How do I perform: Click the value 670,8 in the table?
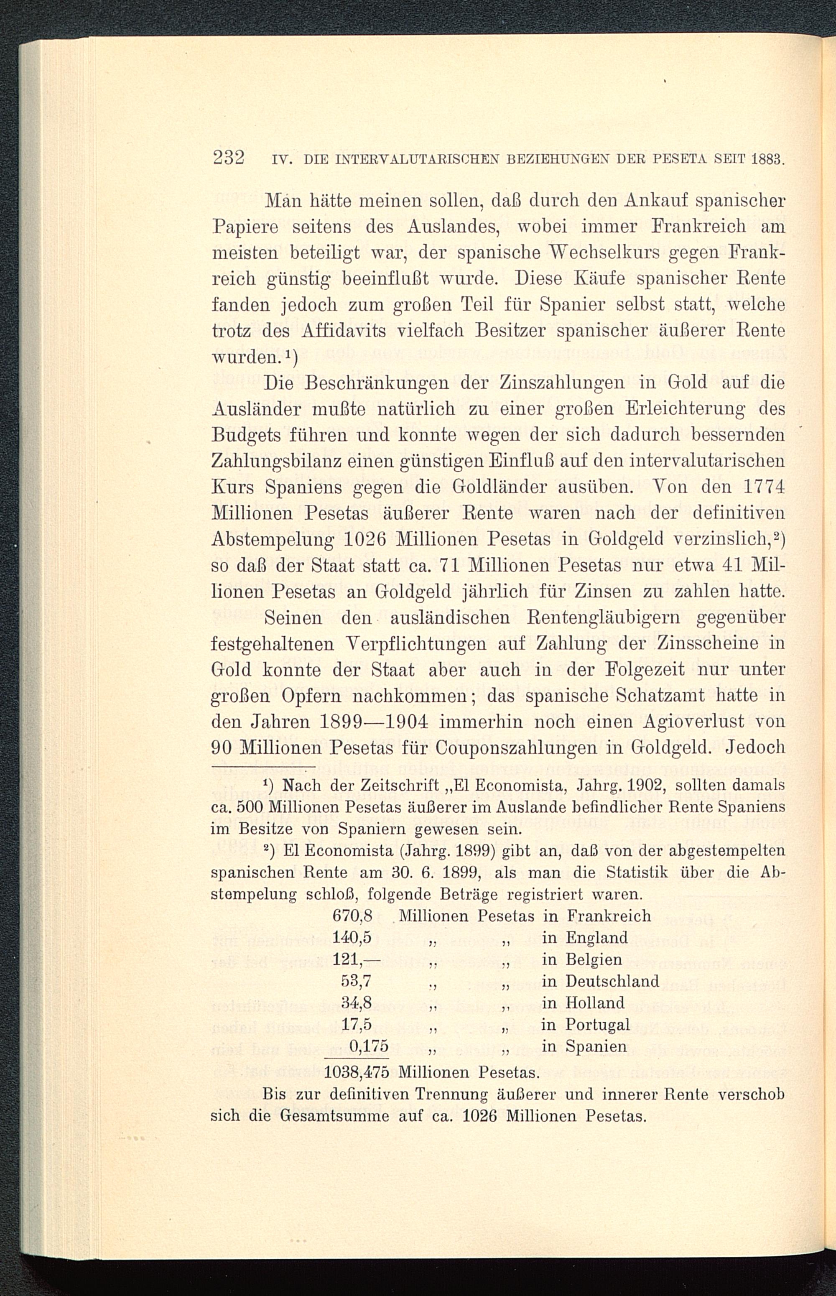[x=352, y=916]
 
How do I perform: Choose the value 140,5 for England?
[x=352, y=938]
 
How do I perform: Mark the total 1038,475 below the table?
[x=358, y=1073]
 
